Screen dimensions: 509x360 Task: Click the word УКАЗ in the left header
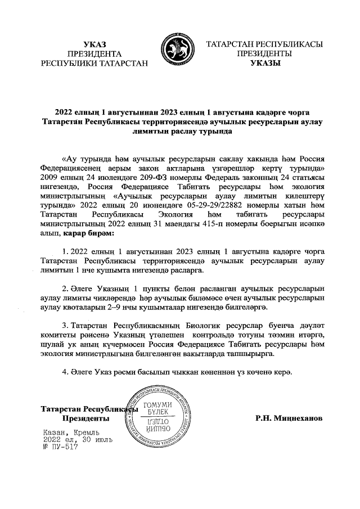coord(94,44)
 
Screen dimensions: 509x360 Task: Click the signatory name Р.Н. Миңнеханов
coord(289,418)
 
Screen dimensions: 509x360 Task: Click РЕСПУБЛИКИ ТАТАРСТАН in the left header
coord(94,64)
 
